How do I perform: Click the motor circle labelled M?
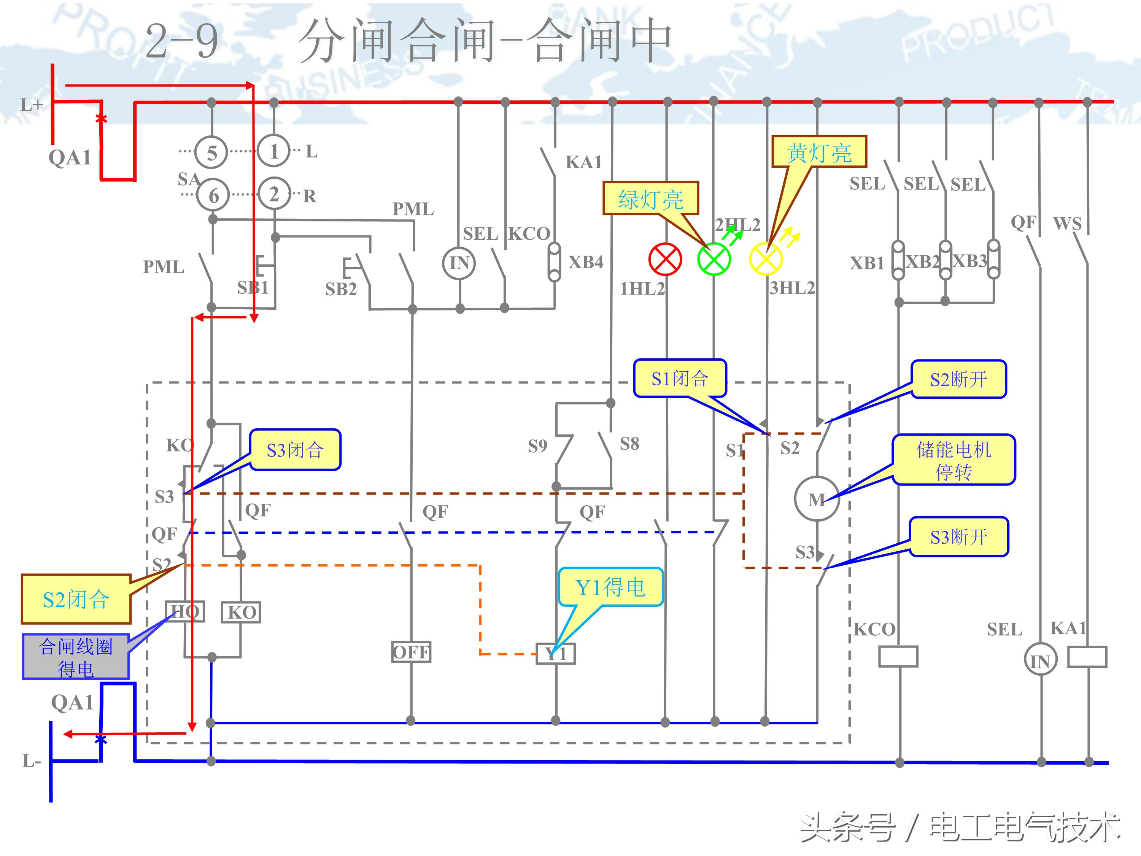pyautogui.click(x=817, y=499)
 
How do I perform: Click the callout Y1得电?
pyautogui.click(x=610, y=587)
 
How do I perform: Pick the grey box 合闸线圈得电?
pyautogui.click(x=75, y=657)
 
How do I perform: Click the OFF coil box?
pyautogui.click(x=411, y=652)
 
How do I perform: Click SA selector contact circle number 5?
pyautogui.click(x=211, y=153)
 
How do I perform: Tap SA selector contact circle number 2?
pyautogui.click(x=274, y=194)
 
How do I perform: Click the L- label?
pyautogui.click(x=31, y=761)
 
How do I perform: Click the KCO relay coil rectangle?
pyautogui.click(x=898, y=657)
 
